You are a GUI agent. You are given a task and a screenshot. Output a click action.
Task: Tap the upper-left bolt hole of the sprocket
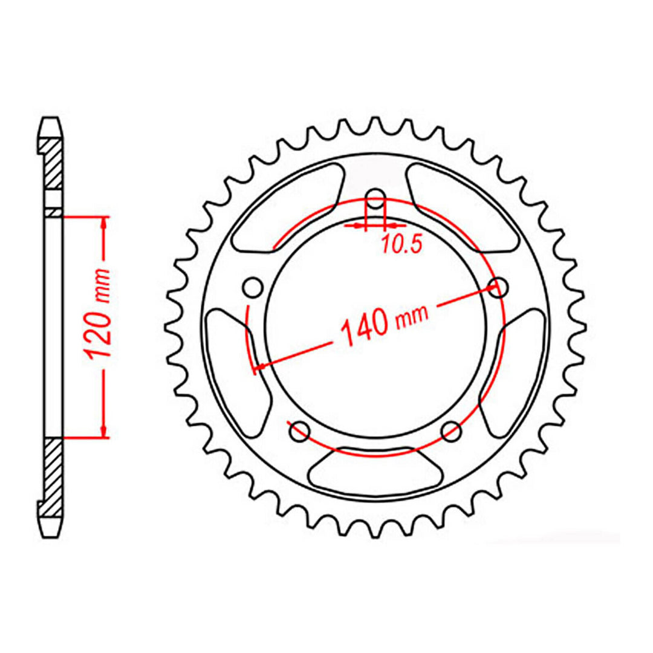tap(253, 286)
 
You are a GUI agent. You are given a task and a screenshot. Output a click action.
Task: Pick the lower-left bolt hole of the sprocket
tap(299, 432)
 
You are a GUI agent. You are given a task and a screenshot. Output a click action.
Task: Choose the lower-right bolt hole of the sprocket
tap(451, 432)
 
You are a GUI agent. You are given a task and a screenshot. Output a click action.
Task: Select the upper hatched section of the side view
tap(53, 163)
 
